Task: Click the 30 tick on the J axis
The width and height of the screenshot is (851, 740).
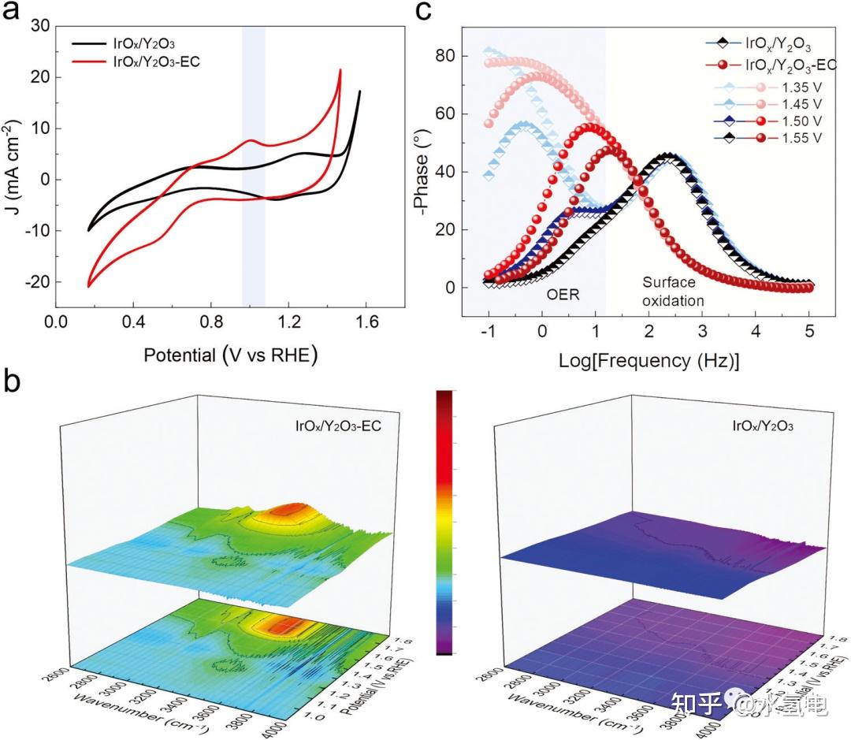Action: [x=41, y=26]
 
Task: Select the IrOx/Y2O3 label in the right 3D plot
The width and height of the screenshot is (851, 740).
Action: [x=762, y=426]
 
